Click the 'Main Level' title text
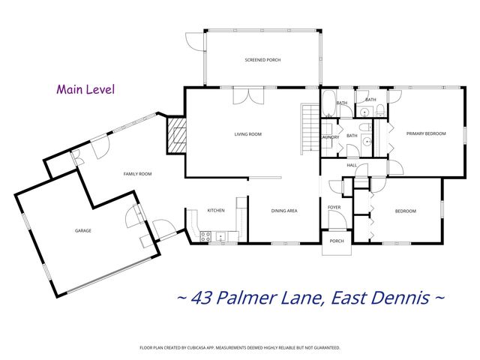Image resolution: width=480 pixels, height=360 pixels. pos(85,89)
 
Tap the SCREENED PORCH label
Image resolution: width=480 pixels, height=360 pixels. pos(262,59)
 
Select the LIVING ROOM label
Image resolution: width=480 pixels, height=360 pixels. pos(247,134)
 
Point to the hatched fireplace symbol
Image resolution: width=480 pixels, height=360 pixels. pos(176,135)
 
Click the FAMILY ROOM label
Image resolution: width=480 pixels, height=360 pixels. pos(138,174)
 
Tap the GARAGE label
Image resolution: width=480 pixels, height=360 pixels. pos(82,230)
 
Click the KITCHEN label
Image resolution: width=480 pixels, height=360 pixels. pos(216,211)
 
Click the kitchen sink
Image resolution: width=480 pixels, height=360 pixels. pos(220,238)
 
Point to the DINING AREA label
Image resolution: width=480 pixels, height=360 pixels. pos(284,211)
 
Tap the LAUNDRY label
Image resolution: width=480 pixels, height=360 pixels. pos(330,137)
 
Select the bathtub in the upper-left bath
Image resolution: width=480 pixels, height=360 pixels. pos(331,103)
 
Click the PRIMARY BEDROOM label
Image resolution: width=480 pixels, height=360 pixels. pos(426,133)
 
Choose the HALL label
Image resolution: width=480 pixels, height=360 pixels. pos(352,165)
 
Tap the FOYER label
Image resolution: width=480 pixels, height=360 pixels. pos(334,206)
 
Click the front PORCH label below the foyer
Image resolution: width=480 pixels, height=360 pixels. pos(337,241)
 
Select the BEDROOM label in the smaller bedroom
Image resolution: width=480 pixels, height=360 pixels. pos(406,211)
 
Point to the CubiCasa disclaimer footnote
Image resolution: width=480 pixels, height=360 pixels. pos(240,348)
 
